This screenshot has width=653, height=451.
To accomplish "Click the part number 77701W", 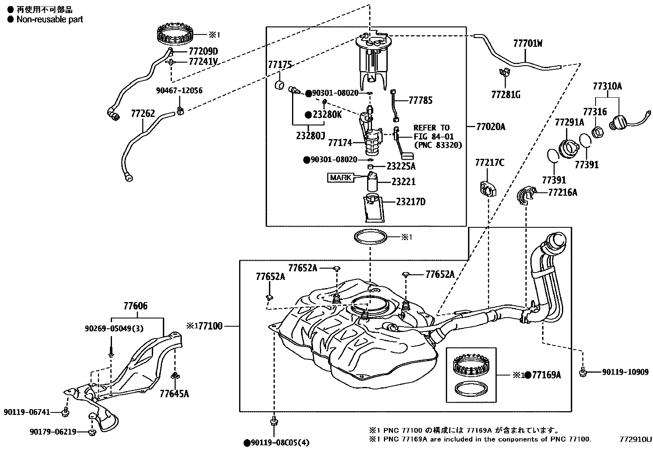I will point(527,43).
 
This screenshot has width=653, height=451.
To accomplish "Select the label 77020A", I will point(491,127).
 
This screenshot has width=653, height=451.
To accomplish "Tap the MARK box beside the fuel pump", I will point(340,177).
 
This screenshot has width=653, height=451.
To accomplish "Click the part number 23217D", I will point(411,201).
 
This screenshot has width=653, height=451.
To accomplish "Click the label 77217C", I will point(490,163).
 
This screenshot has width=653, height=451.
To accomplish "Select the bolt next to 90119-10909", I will point(583,372).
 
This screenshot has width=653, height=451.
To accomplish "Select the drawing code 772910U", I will point(635,439).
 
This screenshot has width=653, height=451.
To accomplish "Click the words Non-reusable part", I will point(50,19).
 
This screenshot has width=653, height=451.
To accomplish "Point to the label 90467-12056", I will point(179,91).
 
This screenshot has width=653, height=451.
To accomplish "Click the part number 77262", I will point(143,113).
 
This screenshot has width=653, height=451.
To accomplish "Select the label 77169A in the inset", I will point(546,375).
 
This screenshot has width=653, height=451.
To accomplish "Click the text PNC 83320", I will point(438,145).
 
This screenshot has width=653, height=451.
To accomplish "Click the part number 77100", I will point(210,326).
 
